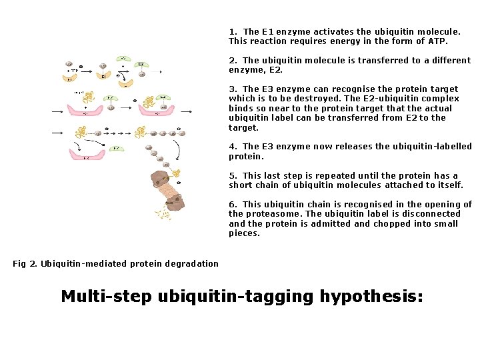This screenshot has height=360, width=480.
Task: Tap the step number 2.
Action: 231,60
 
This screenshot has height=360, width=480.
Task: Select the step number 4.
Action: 232,147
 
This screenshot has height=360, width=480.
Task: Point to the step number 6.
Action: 232,205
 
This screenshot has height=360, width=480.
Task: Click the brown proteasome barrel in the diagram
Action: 169,193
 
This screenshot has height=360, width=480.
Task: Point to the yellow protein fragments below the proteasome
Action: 161,214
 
